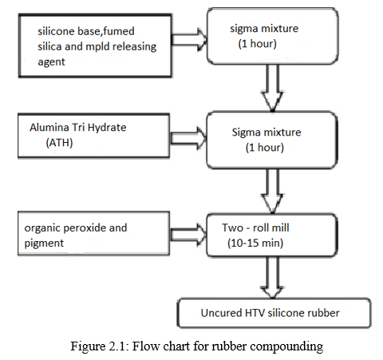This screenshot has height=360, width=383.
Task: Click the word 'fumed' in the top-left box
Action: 119,31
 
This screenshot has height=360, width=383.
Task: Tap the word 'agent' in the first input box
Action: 51,62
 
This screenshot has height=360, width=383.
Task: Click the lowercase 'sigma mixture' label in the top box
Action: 264,29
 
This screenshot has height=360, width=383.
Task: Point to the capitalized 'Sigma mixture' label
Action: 267,133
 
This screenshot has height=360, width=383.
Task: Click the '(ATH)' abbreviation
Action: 59,143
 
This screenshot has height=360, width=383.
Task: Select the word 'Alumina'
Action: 49,128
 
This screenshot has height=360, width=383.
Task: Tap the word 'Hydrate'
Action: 107,128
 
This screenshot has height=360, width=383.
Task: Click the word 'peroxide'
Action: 85,228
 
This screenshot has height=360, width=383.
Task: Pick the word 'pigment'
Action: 44,243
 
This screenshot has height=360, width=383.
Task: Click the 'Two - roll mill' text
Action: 255,227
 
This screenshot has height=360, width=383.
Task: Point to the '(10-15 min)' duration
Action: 255,243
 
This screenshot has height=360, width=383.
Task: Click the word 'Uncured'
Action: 221,313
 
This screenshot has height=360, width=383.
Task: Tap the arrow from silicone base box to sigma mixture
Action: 189,39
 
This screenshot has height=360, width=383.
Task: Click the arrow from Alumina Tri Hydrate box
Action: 188,138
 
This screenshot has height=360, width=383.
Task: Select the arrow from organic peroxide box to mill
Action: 188,235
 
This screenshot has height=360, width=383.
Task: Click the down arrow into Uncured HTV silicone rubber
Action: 272,277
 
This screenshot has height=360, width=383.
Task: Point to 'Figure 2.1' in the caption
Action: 98,346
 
